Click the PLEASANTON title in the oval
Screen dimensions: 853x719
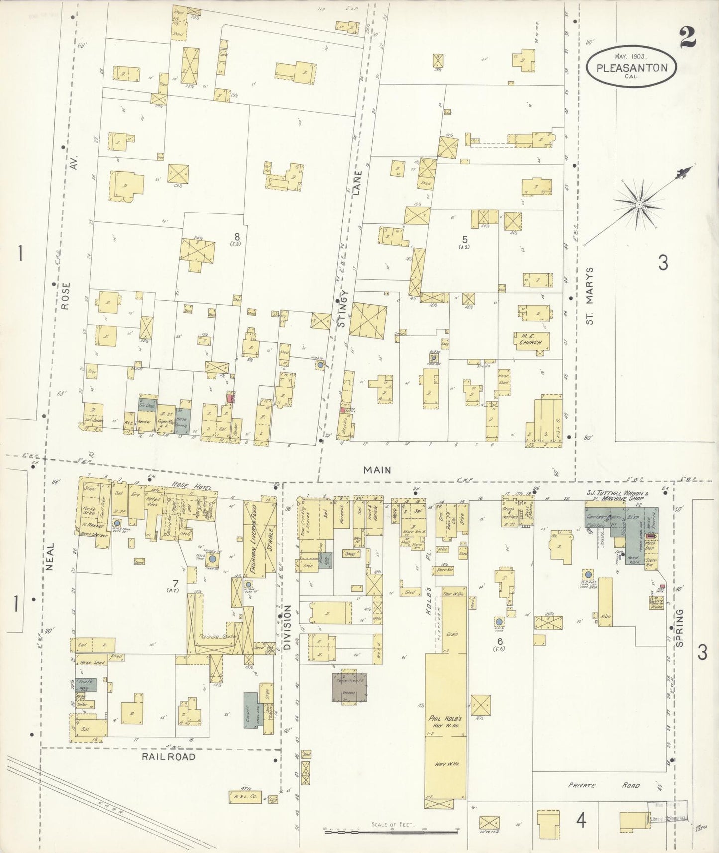click(631, 68)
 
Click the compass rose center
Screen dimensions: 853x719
click(639, 205)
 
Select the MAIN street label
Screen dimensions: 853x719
click(377, 469)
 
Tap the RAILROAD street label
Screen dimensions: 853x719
click(168, 756)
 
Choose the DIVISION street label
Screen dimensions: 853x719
click(287, 628)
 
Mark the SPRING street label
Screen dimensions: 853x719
click(680, 628)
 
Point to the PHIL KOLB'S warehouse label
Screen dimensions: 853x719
click(445, 723)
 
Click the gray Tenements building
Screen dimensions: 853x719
click(350, 687)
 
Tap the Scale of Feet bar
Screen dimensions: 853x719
click(391, 830)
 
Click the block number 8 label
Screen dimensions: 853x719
click(237, 236)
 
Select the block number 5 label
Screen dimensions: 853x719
click(464, 239)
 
